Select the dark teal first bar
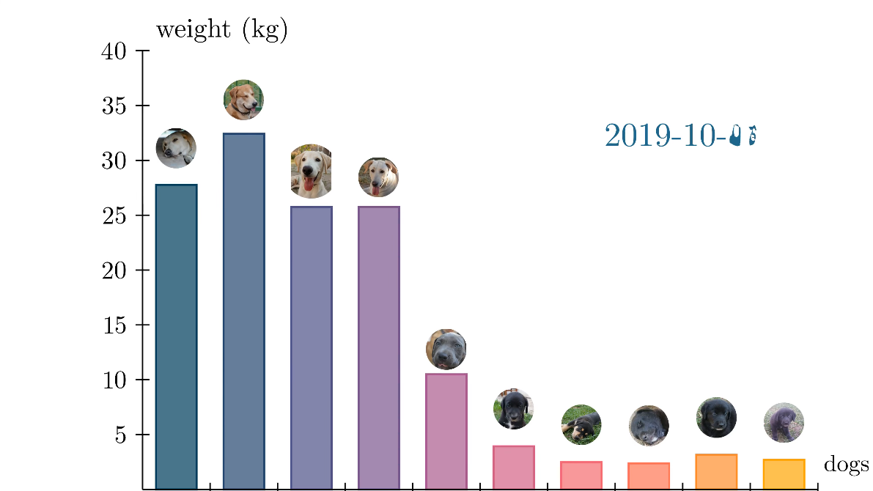[x=176, y=336]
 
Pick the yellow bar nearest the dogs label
[x=784, y=474]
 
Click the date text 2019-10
[x=679, y=136]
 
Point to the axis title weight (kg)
[x=221, y=31]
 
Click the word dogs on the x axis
[x=846, y=465]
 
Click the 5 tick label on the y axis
[x=120, y=435]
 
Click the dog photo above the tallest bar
[x=243, y=100]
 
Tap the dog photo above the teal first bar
[x=176, y=149]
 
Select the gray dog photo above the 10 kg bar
[x=446, y=349]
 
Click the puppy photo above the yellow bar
[x=784, y=423]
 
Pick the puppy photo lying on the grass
[x=581, y=424]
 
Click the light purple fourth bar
[x=378, y=347]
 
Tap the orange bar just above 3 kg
[x=716, y=471]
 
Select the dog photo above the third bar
[x=311, y=171]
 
